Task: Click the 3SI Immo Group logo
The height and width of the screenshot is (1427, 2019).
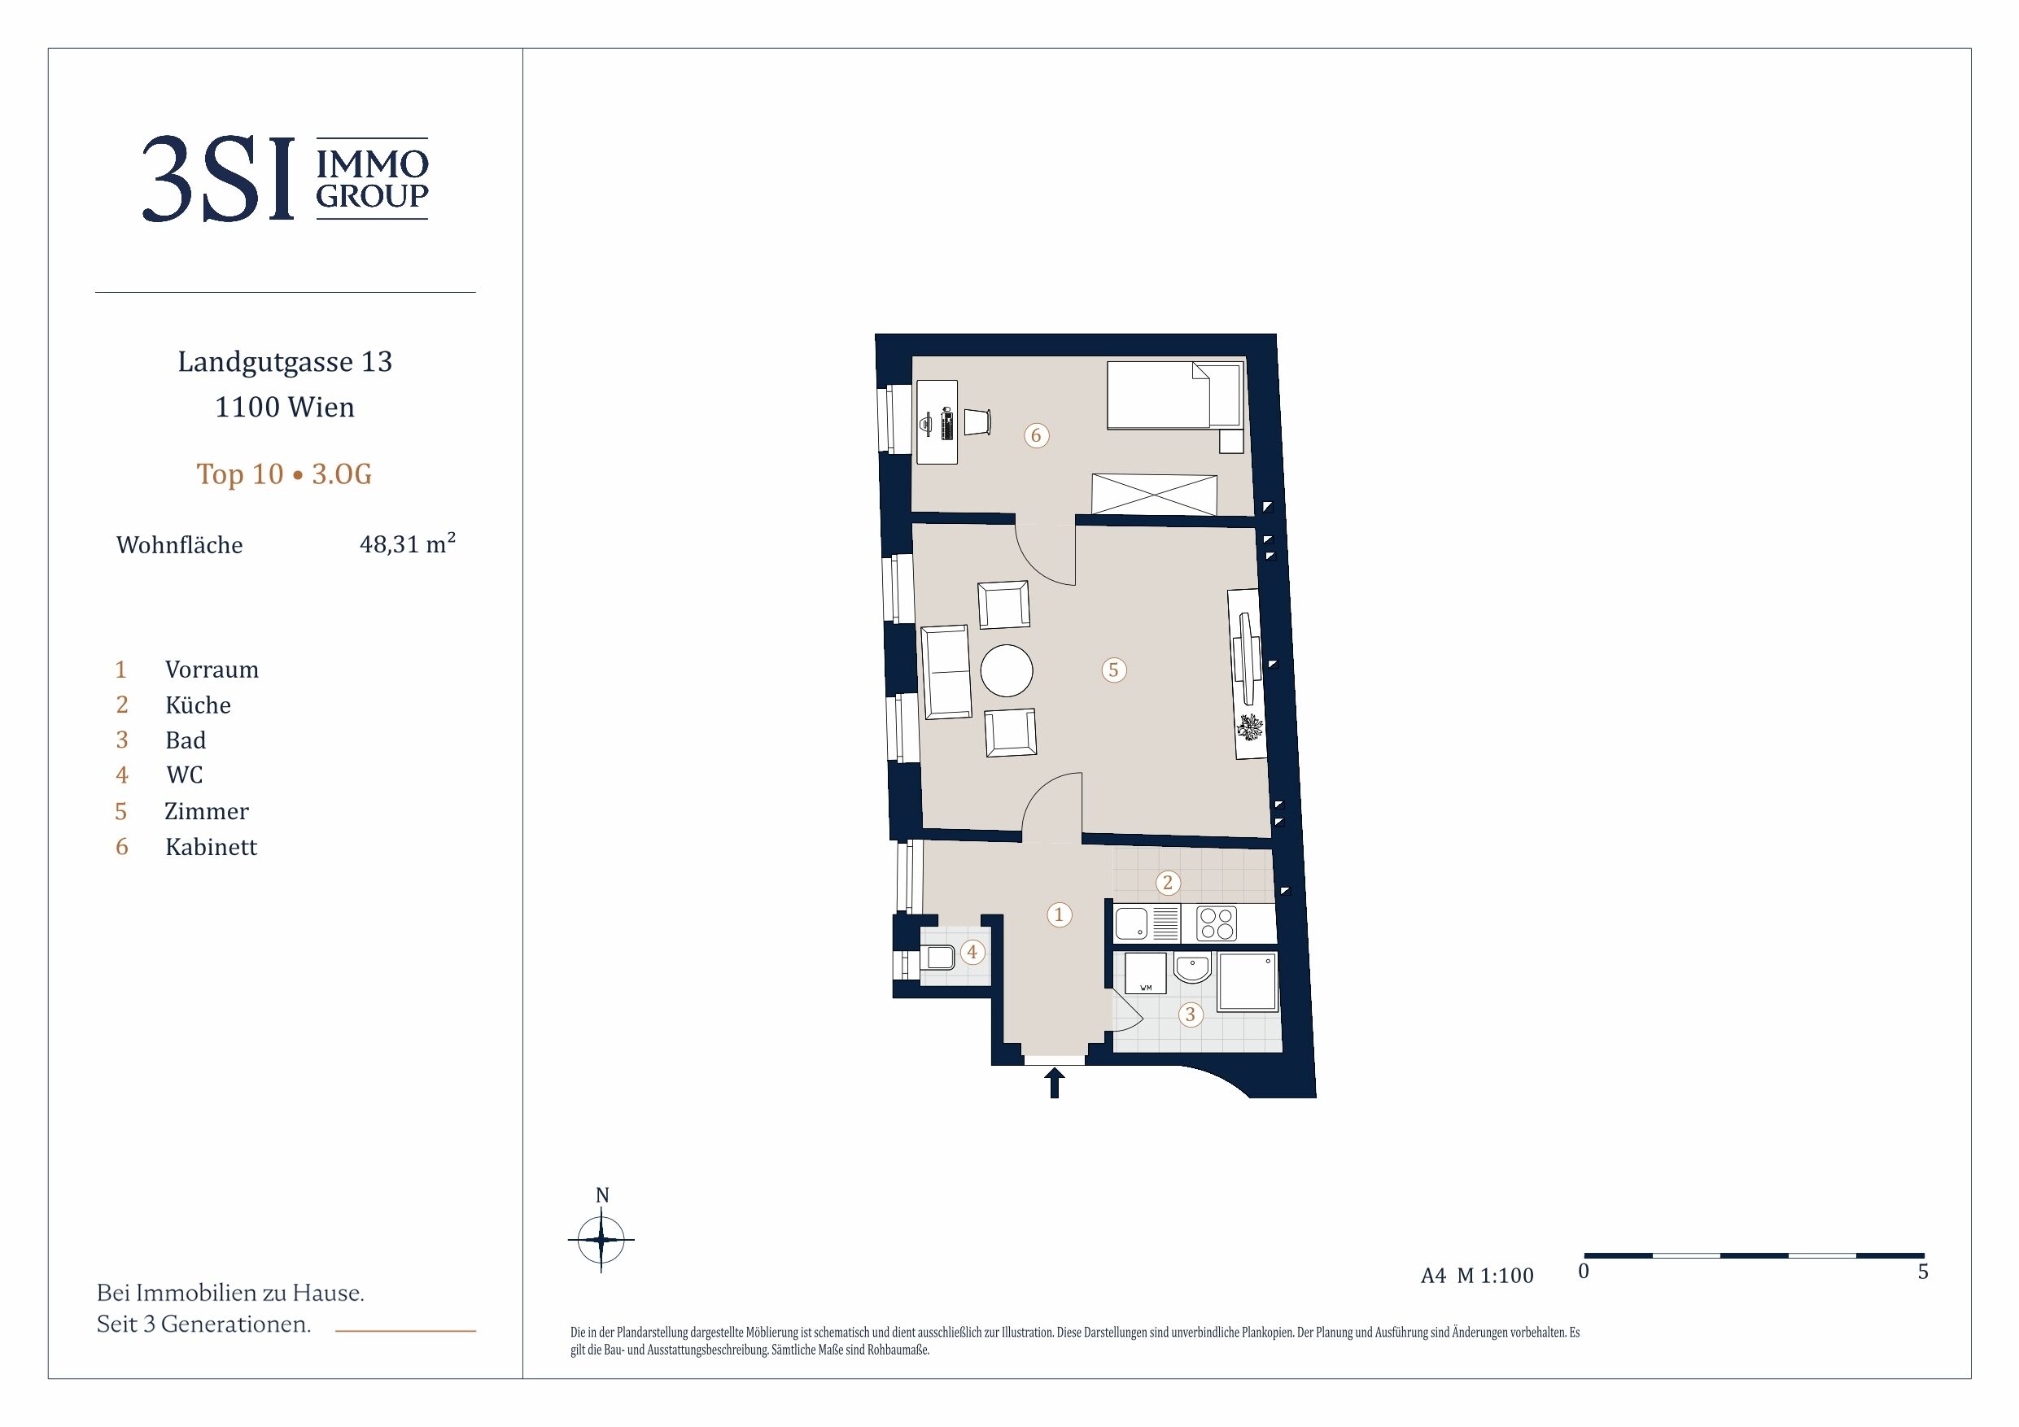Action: (285, 178)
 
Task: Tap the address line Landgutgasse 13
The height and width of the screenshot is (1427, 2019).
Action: (285, 362)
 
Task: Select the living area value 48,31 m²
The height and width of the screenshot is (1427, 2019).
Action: (407, 543)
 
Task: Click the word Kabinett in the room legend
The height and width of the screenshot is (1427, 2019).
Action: (211, 847)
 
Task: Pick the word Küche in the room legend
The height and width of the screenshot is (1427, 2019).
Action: (198, 705)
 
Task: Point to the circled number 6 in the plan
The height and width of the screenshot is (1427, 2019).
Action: (1036, 435)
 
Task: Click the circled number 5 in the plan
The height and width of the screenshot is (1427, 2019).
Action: (1113, 670)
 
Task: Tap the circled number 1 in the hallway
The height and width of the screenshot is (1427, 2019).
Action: (1059, 914)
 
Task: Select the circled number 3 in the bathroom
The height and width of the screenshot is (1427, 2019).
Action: (1191, 1015)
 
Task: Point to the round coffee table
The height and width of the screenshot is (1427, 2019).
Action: (1007, 671)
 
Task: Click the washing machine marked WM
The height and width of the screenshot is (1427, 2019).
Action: (1146, 974)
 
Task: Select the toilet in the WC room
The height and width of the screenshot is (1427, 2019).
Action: (937, 957)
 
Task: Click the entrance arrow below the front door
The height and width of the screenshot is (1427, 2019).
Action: (1055, 1082)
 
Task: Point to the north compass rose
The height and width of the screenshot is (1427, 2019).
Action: (601, 1239)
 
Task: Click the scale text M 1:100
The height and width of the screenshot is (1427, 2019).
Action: (1495, 1275)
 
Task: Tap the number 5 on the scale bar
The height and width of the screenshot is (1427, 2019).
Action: (1923, 1272)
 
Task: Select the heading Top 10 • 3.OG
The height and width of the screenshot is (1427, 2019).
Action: (284, 474)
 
